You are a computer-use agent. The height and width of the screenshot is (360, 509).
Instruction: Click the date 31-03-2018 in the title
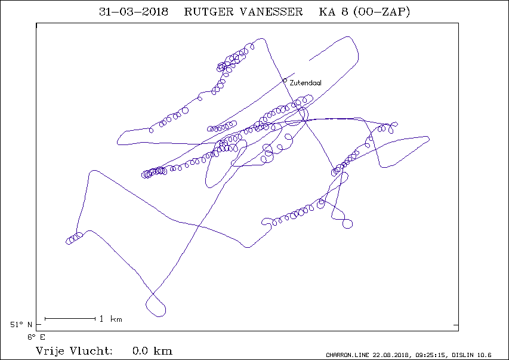(x=134, y=12)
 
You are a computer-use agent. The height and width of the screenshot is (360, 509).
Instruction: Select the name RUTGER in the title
(x=209, y=12)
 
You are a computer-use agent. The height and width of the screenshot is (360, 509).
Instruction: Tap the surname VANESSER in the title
(x=272, y=12)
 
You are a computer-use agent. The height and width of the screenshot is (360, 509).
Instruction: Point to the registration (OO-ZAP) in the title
(x=381, y=12)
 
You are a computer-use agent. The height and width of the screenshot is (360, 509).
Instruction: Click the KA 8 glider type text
(x=334, y=12)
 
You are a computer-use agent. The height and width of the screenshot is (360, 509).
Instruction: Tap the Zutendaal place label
(x=306, y=83)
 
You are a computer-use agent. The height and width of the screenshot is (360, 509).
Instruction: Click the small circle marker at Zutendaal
(x=285, y=80)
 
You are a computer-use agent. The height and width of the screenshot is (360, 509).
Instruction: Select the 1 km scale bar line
(x=70, y=319)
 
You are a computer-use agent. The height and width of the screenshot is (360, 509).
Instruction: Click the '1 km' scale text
(x=111, y=319)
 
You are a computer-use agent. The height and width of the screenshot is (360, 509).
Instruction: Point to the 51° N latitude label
(x=21, y=325)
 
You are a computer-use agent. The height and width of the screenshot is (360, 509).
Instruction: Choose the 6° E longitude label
(x=36, y=337)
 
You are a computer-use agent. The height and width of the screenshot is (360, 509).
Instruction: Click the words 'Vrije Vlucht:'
(x=74, y=351)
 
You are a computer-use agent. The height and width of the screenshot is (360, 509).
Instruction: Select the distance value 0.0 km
(x=152, y=351)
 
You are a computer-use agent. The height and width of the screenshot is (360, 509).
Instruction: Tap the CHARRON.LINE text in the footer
(x=347, y=355)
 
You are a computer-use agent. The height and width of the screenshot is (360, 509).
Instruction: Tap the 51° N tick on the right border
(x=456, y=325)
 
